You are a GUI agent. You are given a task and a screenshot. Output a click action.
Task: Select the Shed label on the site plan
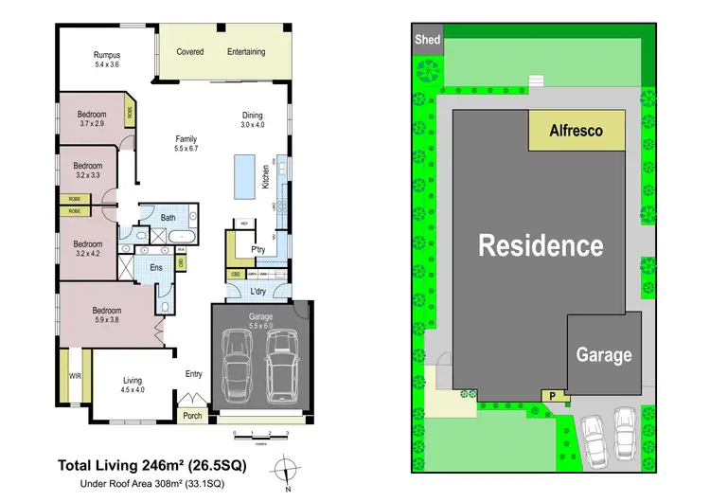pyautogui.click(x=428, y=40)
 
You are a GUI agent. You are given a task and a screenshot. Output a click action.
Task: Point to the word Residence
pyautogui.click(x=541, y=245)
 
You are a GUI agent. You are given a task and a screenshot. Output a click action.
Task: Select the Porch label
pyautogui.click(x=193, y=415)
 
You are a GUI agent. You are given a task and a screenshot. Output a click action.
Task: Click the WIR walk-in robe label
pyautogui.click(x=76, y=376)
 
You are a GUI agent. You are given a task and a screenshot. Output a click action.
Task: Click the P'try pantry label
pyautogui.click(x=257, y=250)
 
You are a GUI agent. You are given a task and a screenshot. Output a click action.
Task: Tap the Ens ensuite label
pyautogui.click(x=156, y=268)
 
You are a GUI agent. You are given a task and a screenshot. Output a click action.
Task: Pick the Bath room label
pyautogui.click(x=168, y=218)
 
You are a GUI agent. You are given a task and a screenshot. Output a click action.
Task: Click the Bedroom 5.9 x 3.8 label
pyautogui.click(x=106, y=315)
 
